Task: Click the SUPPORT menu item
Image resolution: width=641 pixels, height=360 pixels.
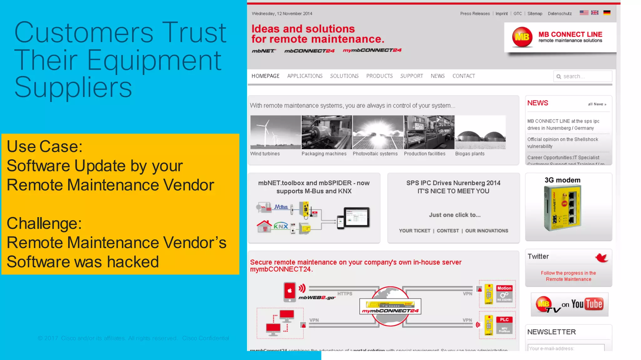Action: tap(411, 76)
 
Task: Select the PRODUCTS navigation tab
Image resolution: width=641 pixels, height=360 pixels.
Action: tap(379, 76)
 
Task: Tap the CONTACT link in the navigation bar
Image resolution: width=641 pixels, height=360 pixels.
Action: tap(464, 76)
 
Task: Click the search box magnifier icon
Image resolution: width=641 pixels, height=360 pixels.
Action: tap(559, 77)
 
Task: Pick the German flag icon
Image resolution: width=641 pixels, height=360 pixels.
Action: tap(607, 13)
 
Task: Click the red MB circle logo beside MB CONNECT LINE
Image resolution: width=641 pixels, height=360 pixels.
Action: tap(522, 37)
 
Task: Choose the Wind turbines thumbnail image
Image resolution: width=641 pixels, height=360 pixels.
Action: tap(275, 132)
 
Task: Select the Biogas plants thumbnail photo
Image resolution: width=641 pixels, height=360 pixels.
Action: tap(480, 132)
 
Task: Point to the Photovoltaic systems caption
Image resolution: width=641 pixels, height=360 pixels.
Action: tap(375, 154)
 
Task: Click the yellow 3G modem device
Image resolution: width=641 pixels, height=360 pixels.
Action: tap(562, 208)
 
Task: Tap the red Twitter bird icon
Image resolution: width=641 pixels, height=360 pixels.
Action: tap(601, 257)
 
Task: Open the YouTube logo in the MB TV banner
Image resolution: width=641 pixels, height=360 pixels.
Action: tap(587, 304)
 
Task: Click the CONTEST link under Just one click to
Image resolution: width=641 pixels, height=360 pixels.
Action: tap(448, 231)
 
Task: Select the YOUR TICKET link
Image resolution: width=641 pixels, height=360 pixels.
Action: tap(414, 231)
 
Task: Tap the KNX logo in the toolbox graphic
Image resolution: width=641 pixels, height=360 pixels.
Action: tap(281, 226)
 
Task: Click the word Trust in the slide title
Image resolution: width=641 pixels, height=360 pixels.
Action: tap(194, 33)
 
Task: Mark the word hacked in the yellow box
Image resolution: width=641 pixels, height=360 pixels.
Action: tap(133, 262)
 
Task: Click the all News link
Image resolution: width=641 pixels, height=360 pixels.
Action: tap(597, 104)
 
